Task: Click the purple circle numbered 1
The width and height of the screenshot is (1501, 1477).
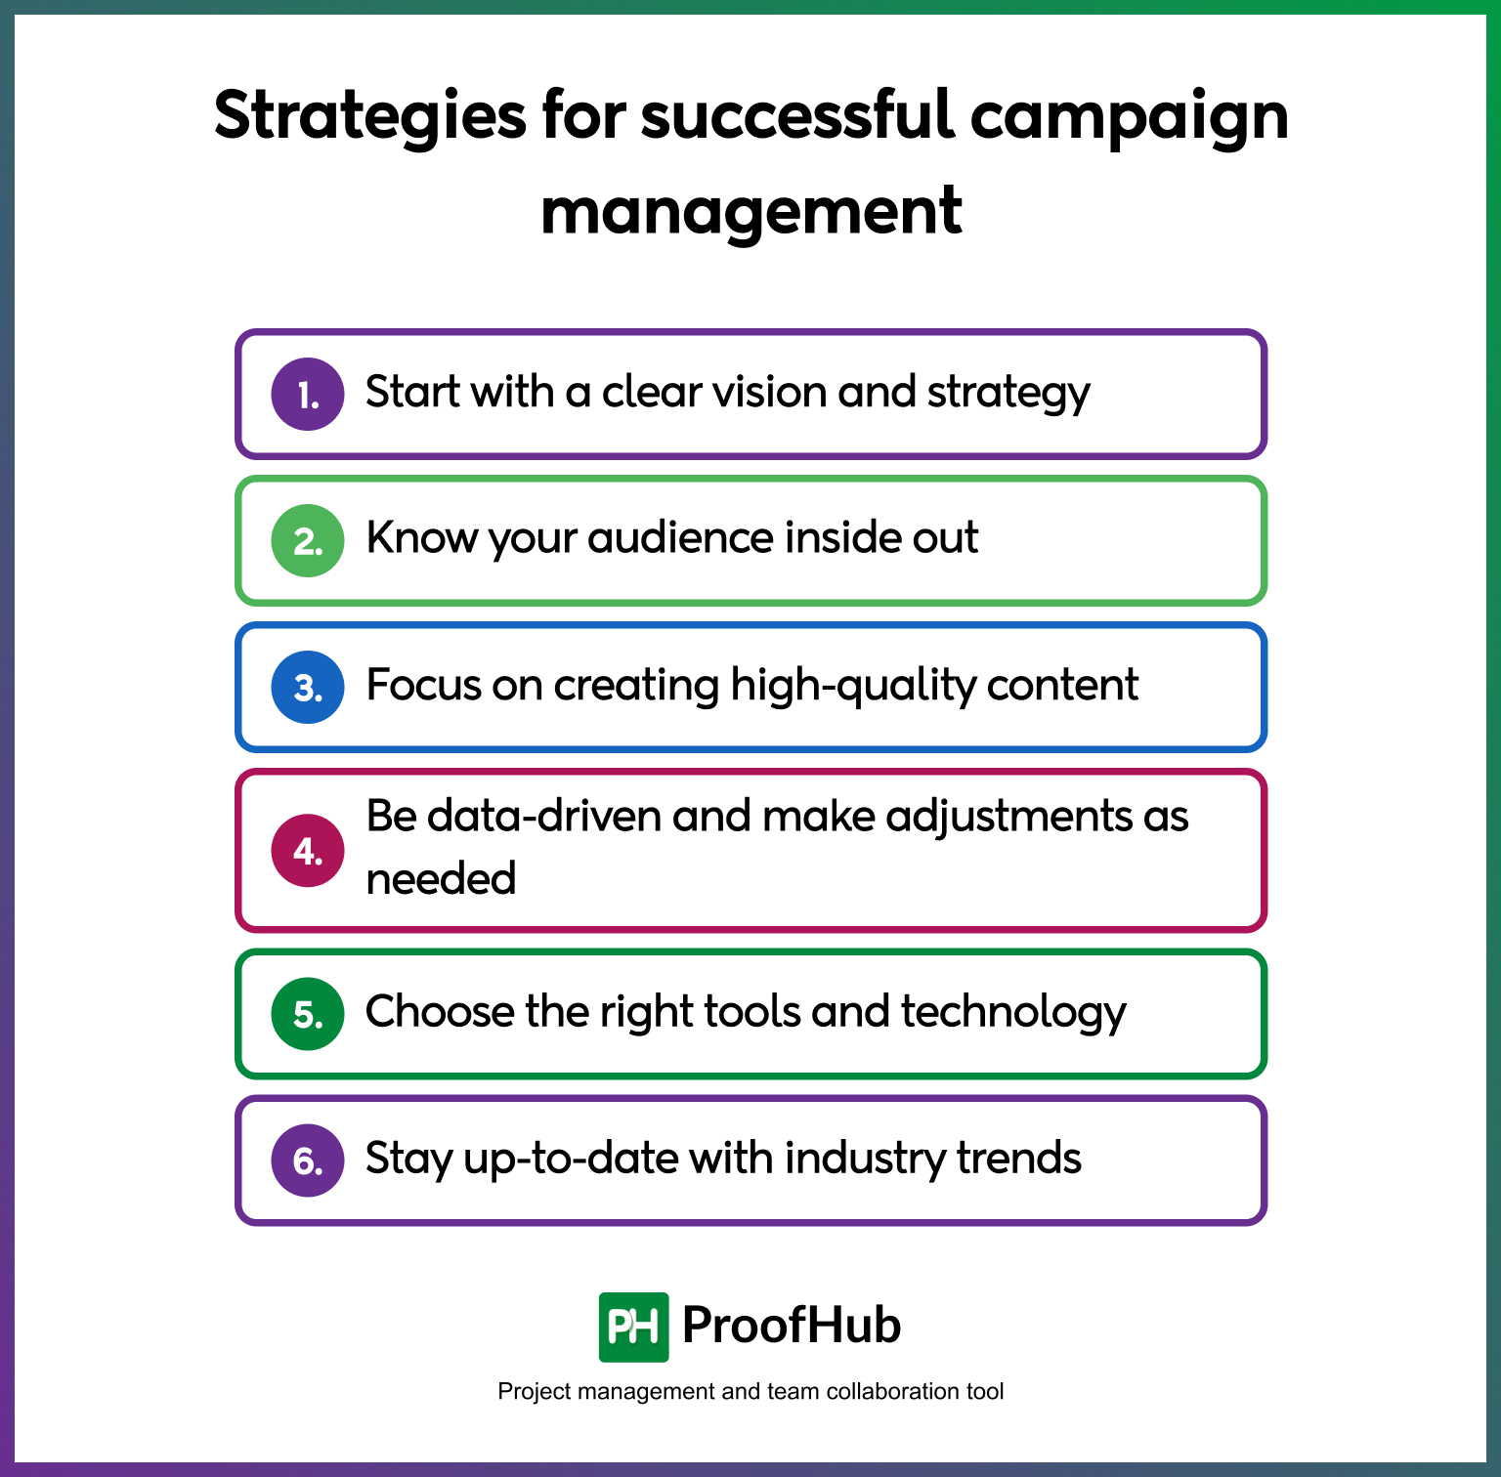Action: (308, 394)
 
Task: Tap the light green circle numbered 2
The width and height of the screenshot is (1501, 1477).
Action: (308, 540)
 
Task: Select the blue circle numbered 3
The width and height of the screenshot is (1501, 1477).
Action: (308, 687)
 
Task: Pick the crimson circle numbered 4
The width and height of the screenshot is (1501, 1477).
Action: (308, 850)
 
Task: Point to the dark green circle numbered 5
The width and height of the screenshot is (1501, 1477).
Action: (308, 1014)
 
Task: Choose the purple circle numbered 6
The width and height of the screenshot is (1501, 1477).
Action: (308, 1160)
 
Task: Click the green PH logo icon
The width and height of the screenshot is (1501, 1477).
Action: (633, 1327)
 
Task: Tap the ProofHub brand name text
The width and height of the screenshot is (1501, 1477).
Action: (792, 1326)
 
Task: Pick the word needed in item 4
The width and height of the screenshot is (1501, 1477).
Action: (441, 878)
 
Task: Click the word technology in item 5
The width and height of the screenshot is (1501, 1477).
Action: (1013, 1012)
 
